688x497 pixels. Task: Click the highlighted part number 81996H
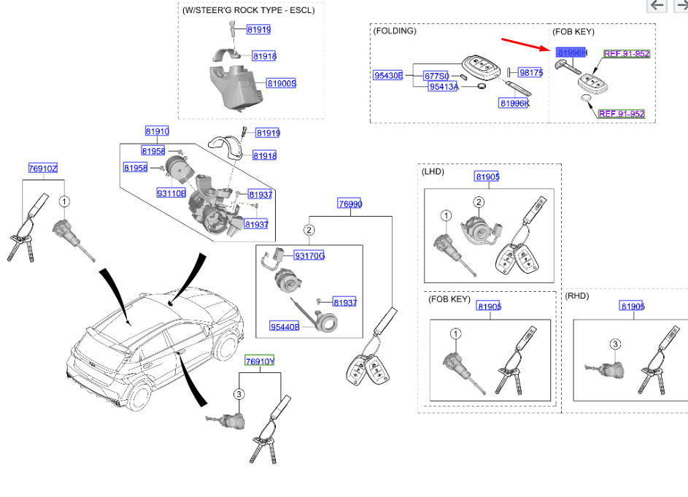pos(571,53)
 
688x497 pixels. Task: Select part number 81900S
pos(281,84)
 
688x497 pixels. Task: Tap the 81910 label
pos(157,131)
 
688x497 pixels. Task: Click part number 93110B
pos(171,193)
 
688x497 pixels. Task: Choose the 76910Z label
pos(42,169)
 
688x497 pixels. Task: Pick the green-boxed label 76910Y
pos(259,361)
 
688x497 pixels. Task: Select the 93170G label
pos(309,255)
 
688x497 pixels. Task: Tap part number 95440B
pos(285,326)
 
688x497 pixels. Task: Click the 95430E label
pos(388,75)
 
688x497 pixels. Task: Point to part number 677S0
pos(436,75)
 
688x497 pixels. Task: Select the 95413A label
pos(443,87)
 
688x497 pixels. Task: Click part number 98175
pos(530,73)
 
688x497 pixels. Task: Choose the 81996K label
pos(514,104)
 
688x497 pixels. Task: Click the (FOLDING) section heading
pos(395,31)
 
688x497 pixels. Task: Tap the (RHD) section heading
pos(577,296)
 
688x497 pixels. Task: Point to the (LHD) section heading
pos(433,172)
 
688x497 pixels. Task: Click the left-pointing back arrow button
pos(657,6)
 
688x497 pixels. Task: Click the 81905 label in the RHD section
pos(633,307)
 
